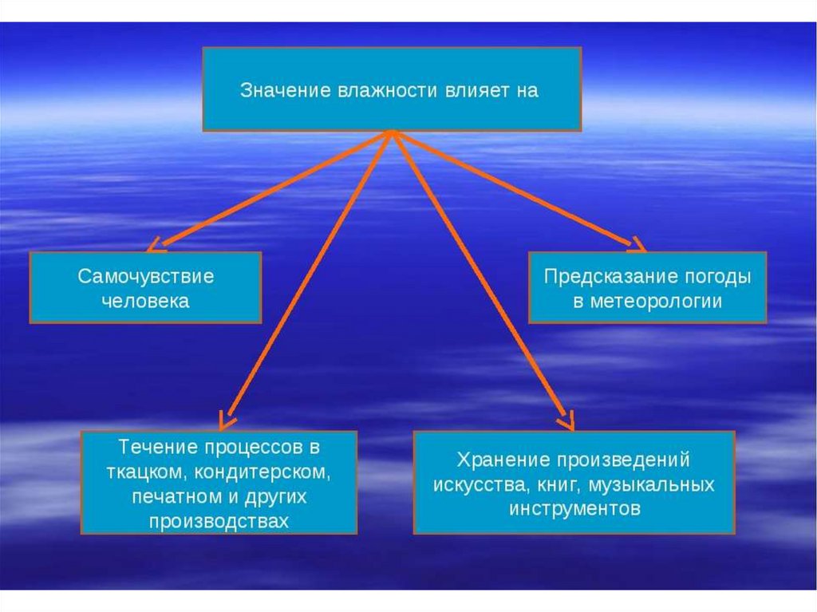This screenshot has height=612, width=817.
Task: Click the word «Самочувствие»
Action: click(x=146, y=277)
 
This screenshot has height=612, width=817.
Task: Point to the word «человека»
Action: click(x=146, y=301)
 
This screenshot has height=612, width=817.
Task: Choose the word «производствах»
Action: click(x=219, y=521)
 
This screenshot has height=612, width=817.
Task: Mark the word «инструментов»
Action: click(x=574, y=508)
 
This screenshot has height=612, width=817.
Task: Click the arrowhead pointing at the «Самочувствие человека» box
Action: click(x=156, y=244)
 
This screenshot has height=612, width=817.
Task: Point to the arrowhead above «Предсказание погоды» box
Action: click(x=639, y=245)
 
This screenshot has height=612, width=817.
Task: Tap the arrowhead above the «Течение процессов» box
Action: click(x=227, y=418)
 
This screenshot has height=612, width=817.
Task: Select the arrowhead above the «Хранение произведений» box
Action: click(x=566, y=419)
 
